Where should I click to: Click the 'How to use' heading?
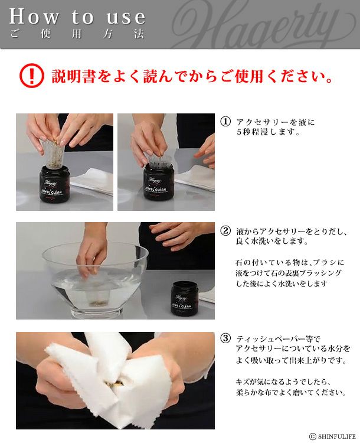pos(77,17)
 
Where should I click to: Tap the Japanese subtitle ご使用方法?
pos(77,34)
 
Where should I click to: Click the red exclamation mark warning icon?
pos(32,76)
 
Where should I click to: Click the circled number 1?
pos(225,122)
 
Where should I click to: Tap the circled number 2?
pos(225,231)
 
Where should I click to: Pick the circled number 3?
pos(225,338)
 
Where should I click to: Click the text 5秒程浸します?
pos(269,132)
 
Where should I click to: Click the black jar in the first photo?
pos(54,184)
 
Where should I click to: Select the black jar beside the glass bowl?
pos(185,298)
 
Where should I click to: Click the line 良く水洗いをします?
pos(271,241)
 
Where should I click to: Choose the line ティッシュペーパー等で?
pos(279,338)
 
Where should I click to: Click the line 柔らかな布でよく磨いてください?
pos(291,392)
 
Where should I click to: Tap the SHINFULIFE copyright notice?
pos(333,437)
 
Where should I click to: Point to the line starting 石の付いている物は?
pos(290,262)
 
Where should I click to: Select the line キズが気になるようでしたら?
pos(283,382)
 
